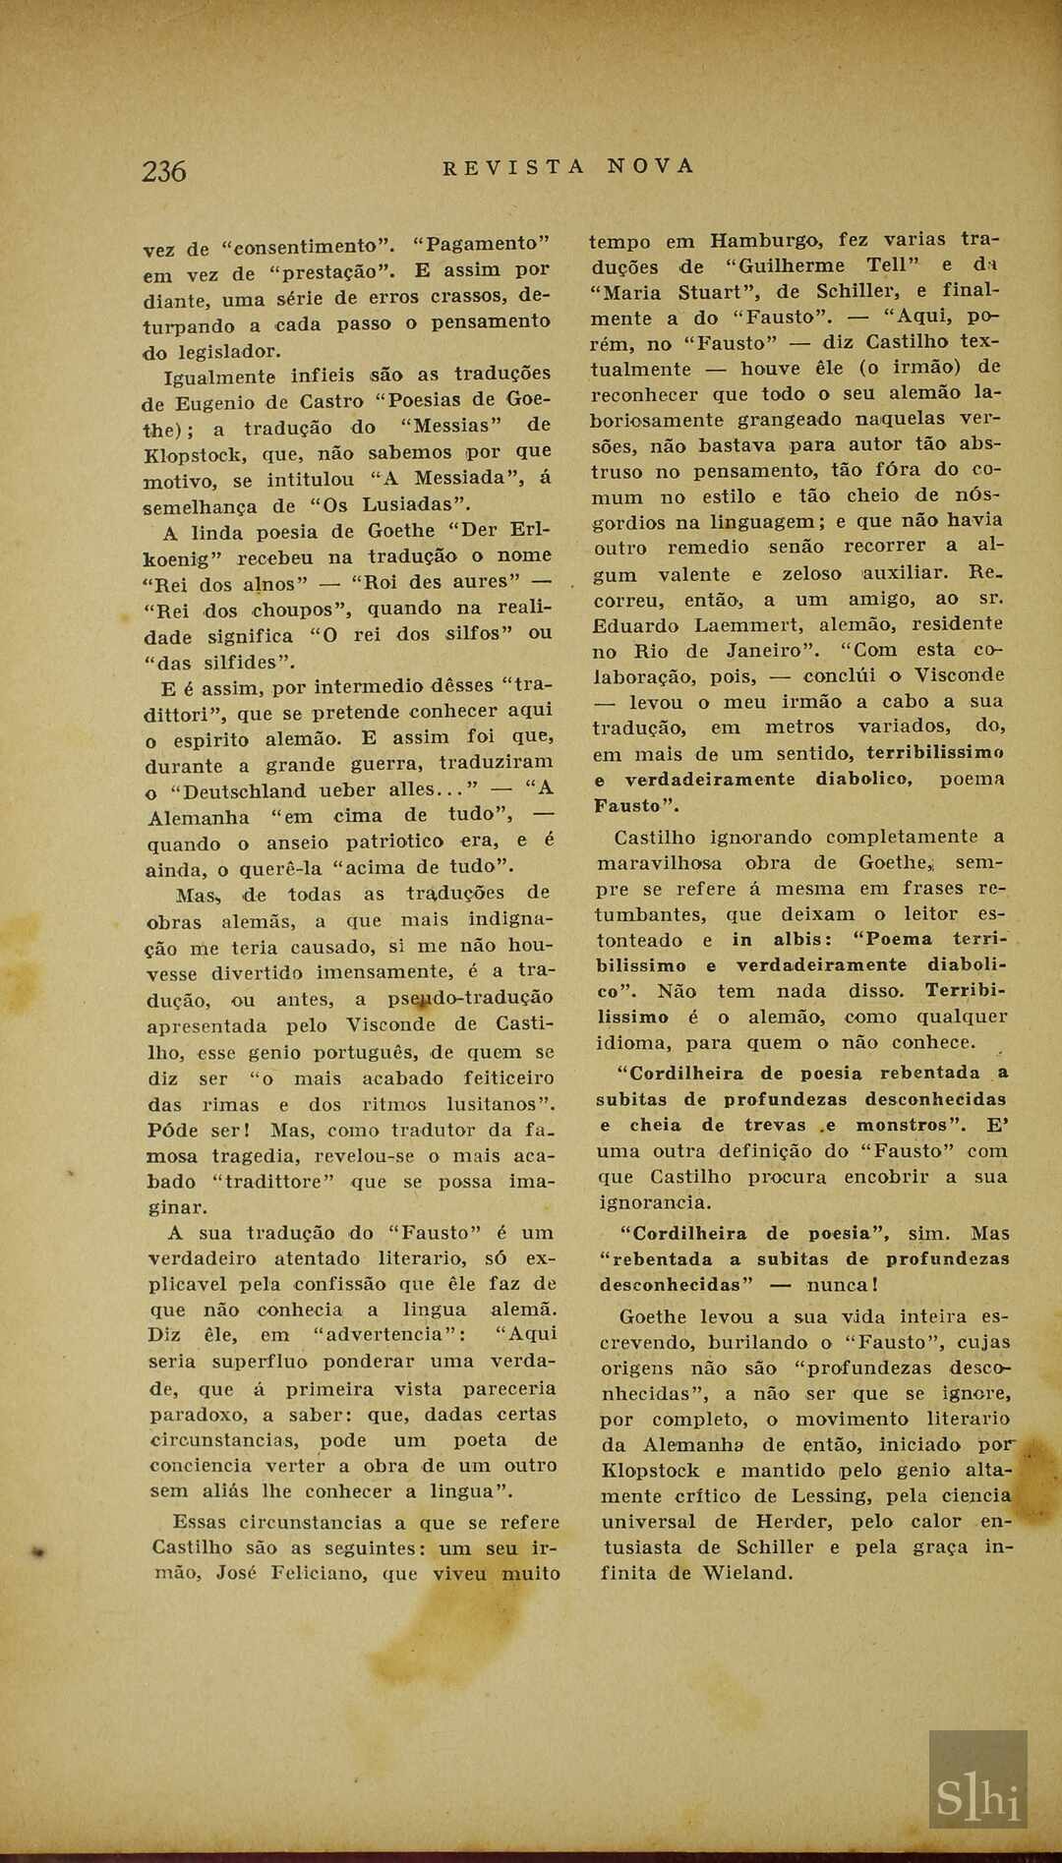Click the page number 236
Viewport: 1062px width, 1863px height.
164,171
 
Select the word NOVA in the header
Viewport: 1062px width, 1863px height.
650,166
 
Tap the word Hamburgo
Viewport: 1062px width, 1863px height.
765,240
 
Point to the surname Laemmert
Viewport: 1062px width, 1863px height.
748,624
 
